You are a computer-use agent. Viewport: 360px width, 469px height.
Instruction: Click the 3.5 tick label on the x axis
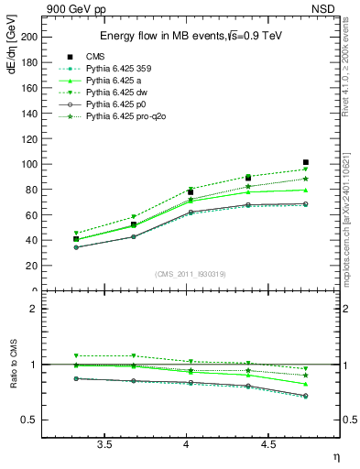click(104, 444)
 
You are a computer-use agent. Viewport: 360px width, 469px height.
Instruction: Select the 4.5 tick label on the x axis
click(267, 444)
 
